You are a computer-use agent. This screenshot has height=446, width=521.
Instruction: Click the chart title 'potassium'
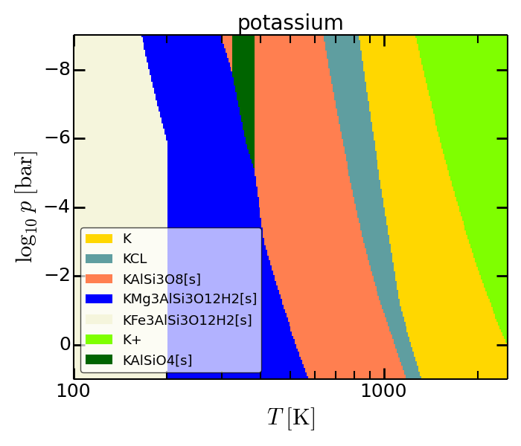[290, 23]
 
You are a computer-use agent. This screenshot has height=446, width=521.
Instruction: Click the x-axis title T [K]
[291, 418]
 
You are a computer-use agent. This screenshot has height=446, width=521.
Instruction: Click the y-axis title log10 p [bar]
[26, 207]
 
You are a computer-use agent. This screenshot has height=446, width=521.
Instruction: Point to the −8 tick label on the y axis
[57, 70]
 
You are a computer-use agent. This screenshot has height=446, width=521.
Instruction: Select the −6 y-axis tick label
[57, 138]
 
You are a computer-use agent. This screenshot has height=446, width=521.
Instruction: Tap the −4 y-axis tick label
[57, 207]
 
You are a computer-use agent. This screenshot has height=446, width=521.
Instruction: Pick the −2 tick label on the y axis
[57, 276]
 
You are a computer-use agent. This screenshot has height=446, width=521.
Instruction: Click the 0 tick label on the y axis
[65, 344]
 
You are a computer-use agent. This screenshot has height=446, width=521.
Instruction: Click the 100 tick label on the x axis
[73, 392]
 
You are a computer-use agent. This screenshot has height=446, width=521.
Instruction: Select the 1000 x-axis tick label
[383, 392]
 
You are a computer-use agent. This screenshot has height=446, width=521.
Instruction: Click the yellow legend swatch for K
[99, 239]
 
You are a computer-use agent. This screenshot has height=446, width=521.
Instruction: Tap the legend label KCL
[135, 259]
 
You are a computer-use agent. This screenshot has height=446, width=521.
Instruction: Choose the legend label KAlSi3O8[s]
[162, 279]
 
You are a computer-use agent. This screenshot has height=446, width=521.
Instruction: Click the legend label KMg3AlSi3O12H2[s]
[190, 300]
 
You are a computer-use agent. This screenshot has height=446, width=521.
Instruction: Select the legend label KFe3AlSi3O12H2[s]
[188, 320]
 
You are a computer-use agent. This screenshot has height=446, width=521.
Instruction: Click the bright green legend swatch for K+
[99, 340]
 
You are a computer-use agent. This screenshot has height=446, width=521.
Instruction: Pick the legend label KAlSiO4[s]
[158, 361]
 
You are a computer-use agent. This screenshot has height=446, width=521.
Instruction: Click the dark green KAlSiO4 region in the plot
[245, 83]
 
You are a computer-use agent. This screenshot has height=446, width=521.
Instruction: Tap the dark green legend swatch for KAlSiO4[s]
[99, 360]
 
